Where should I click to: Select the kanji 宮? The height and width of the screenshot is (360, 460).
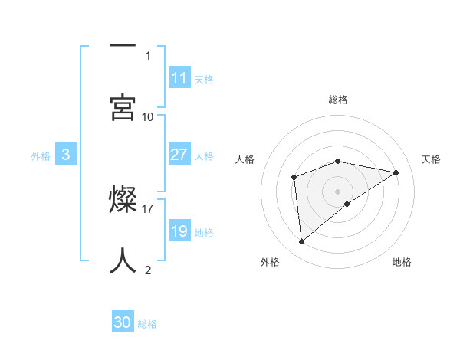point(123,107)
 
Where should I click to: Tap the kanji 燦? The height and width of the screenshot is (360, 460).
point(123,200)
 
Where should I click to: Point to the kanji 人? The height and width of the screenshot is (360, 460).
point(123,261)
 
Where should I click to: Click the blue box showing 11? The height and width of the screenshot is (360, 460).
point(179,77)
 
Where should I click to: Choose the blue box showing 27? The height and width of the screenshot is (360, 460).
point(179,155)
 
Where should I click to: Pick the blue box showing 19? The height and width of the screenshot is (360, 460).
point(179,231)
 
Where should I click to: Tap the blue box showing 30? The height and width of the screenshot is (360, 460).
point(123,323)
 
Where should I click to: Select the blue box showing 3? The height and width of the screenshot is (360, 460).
point(66,155)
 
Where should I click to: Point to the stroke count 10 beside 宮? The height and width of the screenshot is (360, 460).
point(148,116)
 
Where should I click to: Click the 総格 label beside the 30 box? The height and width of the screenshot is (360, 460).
point(147,324)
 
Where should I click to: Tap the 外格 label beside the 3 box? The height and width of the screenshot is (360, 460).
point(41,155)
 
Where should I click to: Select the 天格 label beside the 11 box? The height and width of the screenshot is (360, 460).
point(204,79)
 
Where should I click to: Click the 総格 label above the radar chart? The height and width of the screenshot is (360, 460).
point(338,100)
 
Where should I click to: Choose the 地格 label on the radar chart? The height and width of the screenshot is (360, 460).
point(402,262)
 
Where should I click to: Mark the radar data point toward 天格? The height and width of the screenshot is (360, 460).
point(396,172)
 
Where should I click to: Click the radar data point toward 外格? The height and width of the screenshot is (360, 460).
point(302,242)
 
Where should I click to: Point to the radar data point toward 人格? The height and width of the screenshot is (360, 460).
point(294,178)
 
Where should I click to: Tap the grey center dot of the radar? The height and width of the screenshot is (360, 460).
point(338,190)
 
